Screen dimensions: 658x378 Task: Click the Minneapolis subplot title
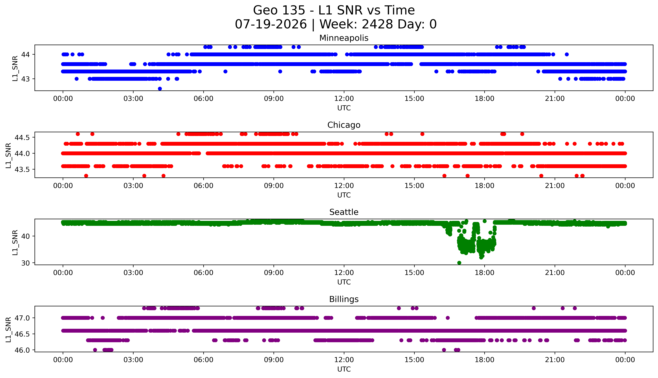[344, 38]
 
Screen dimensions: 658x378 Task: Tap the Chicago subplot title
[344, 125]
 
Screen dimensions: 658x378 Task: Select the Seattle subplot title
[344, 212]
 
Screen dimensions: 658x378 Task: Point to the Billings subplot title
[344, 299]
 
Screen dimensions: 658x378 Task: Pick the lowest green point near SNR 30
[459, 263]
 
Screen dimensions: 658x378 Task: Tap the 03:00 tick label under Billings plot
[133, 360]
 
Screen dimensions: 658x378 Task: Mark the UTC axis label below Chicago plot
[344, 195]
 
